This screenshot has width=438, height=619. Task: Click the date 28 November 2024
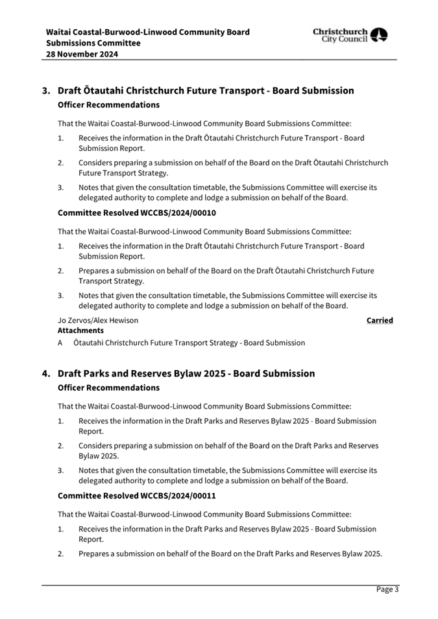[82, 54]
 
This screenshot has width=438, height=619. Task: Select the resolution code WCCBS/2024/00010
[178, 213]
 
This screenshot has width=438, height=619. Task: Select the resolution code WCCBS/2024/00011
[178, 496]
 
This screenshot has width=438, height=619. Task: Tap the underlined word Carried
[380, 320]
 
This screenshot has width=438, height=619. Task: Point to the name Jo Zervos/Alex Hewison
[98, 320]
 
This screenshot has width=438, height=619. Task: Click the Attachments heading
[80, 330]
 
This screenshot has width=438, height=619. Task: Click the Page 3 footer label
[387, 589]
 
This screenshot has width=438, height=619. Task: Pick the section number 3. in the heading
[46, 91]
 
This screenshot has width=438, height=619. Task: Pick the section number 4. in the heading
[46, 374]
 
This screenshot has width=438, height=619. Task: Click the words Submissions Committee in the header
[93, 43]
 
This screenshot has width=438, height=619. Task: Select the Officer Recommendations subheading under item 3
[108, 104]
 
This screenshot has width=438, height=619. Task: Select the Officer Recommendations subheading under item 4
[108, 388]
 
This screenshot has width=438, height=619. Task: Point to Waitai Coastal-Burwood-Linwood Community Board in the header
[147, 32]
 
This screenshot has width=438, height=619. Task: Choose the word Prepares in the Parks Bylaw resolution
[95, 554]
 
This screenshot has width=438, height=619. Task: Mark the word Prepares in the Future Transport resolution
[95, 271]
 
